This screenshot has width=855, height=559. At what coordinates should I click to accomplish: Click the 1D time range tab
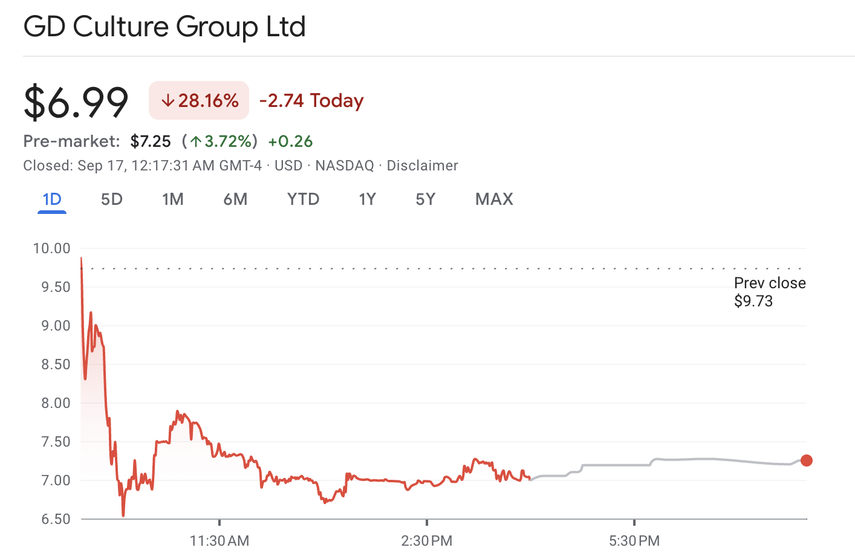coord(52,199)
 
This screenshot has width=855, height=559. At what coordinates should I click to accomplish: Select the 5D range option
coord(111,199)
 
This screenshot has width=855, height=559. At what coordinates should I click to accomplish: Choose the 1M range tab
coord(172,199)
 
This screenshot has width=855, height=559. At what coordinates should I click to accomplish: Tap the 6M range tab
coord(235,199)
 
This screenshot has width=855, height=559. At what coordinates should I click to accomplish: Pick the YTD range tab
coord(303,199)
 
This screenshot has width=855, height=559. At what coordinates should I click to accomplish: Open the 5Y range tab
coord(425,199)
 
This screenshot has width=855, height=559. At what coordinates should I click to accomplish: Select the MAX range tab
coord(494,199)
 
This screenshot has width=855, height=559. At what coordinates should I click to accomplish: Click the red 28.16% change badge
coord(199,100)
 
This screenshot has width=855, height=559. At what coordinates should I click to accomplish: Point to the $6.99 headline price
coord(76,102)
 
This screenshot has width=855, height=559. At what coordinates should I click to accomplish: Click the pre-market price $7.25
coord(151,141)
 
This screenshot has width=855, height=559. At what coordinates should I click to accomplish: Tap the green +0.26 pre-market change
coord(290,141)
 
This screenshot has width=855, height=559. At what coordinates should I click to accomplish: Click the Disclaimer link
coord(422,166)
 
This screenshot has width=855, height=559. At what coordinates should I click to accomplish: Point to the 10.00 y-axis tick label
coord(52,248)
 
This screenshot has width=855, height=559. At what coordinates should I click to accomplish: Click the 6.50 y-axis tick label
coord(56,519)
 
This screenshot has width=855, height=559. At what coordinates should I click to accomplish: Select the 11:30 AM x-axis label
coord(219,541)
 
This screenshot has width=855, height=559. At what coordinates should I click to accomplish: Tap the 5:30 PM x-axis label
coord(634,541)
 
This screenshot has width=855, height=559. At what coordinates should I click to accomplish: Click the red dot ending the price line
coord(806,460)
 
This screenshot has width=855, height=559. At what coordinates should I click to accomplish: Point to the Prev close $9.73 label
coord(769,292)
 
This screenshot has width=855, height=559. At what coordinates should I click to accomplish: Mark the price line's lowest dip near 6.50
coord(123,515)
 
